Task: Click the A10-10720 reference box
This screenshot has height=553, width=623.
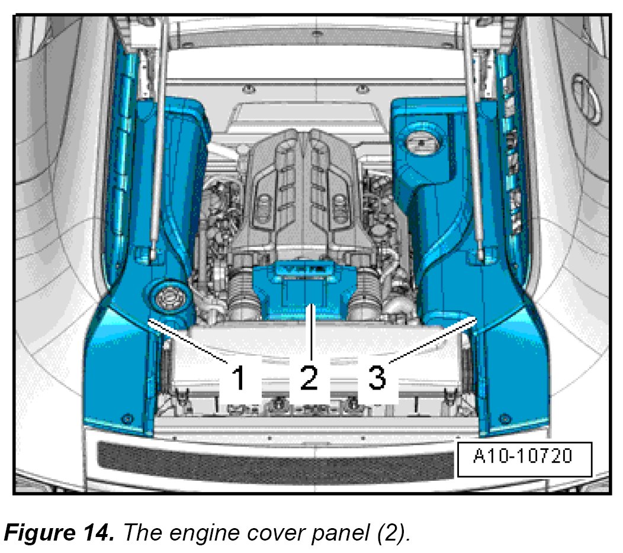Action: pos(524,458)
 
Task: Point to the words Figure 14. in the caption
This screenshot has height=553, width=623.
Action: pos(59,532)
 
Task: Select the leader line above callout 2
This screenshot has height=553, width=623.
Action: pos(309,332)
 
